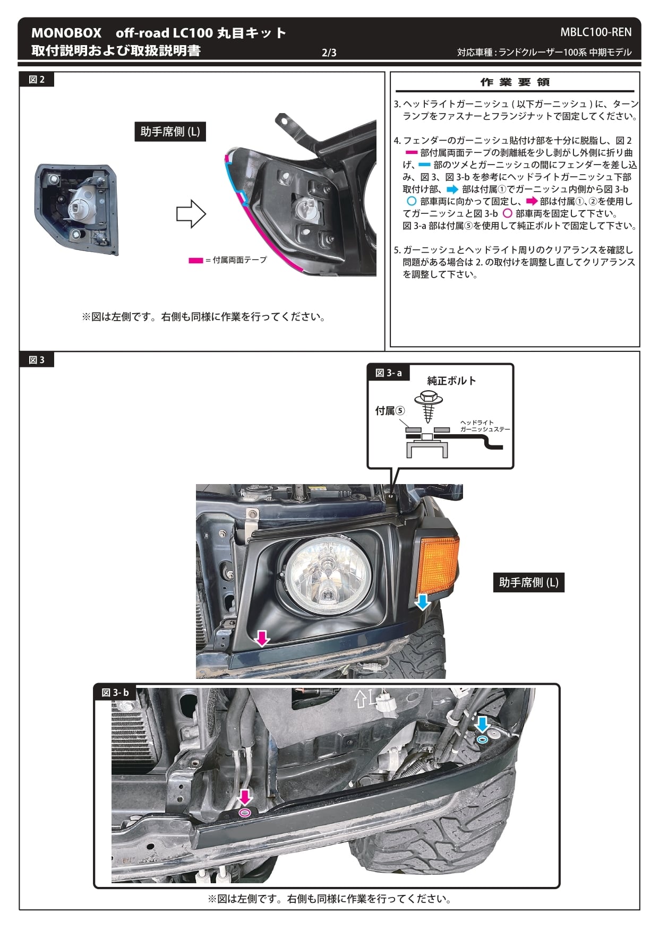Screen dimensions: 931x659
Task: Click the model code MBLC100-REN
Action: [596, 32]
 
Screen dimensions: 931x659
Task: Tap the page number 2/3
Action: [329, 53]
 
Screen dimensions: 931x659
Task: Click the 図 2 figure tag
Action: [37, 80]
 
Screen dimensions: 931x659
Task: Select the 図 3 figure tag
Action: [37, 360]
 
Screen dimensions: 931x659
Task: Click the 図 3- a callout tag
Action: [388, 373]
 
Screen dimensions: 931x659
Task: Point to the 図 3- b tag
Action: [115, 693]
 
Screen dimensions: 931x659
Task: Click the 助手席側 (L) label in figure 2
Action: [170, 132]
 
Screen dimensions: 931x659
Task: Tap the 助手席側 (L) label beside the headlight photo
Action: [528, 582]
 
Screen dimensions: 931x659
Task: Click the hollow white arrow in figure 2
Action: [191, 214]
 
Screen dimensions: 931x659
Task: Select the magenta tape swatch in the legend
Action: [195, 260]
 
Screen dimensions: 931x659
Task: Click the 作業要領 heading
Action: [515, 82]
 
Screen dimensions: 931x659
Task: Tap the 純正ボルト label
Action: [451, 381]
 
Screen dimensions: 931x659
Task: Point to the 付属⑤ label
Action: [390, 411]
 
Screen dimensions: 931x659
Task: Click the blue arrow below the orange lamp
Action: [422, 602]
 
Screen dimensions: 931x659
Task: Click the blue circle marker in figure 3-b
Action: [482, 739]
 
